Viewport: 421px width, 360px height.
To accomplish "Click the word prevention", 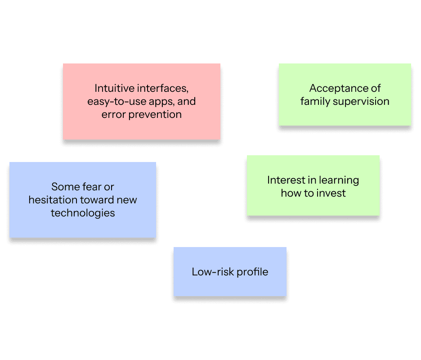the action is click(x=155, y=114).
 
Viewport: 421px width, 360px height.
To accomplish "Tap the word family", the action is click(x=315, y=101).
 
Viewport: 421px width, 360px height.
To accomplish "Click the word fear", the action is click(x=92, y=186).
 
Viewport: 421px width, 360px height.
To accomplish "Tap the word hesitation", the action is click(x=53, y=199).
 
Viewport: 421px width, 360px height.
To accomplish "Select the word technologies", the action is click(x=83, y=213).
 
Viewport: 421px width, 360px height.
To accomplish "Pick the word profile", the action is click(x=253, y=272).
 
